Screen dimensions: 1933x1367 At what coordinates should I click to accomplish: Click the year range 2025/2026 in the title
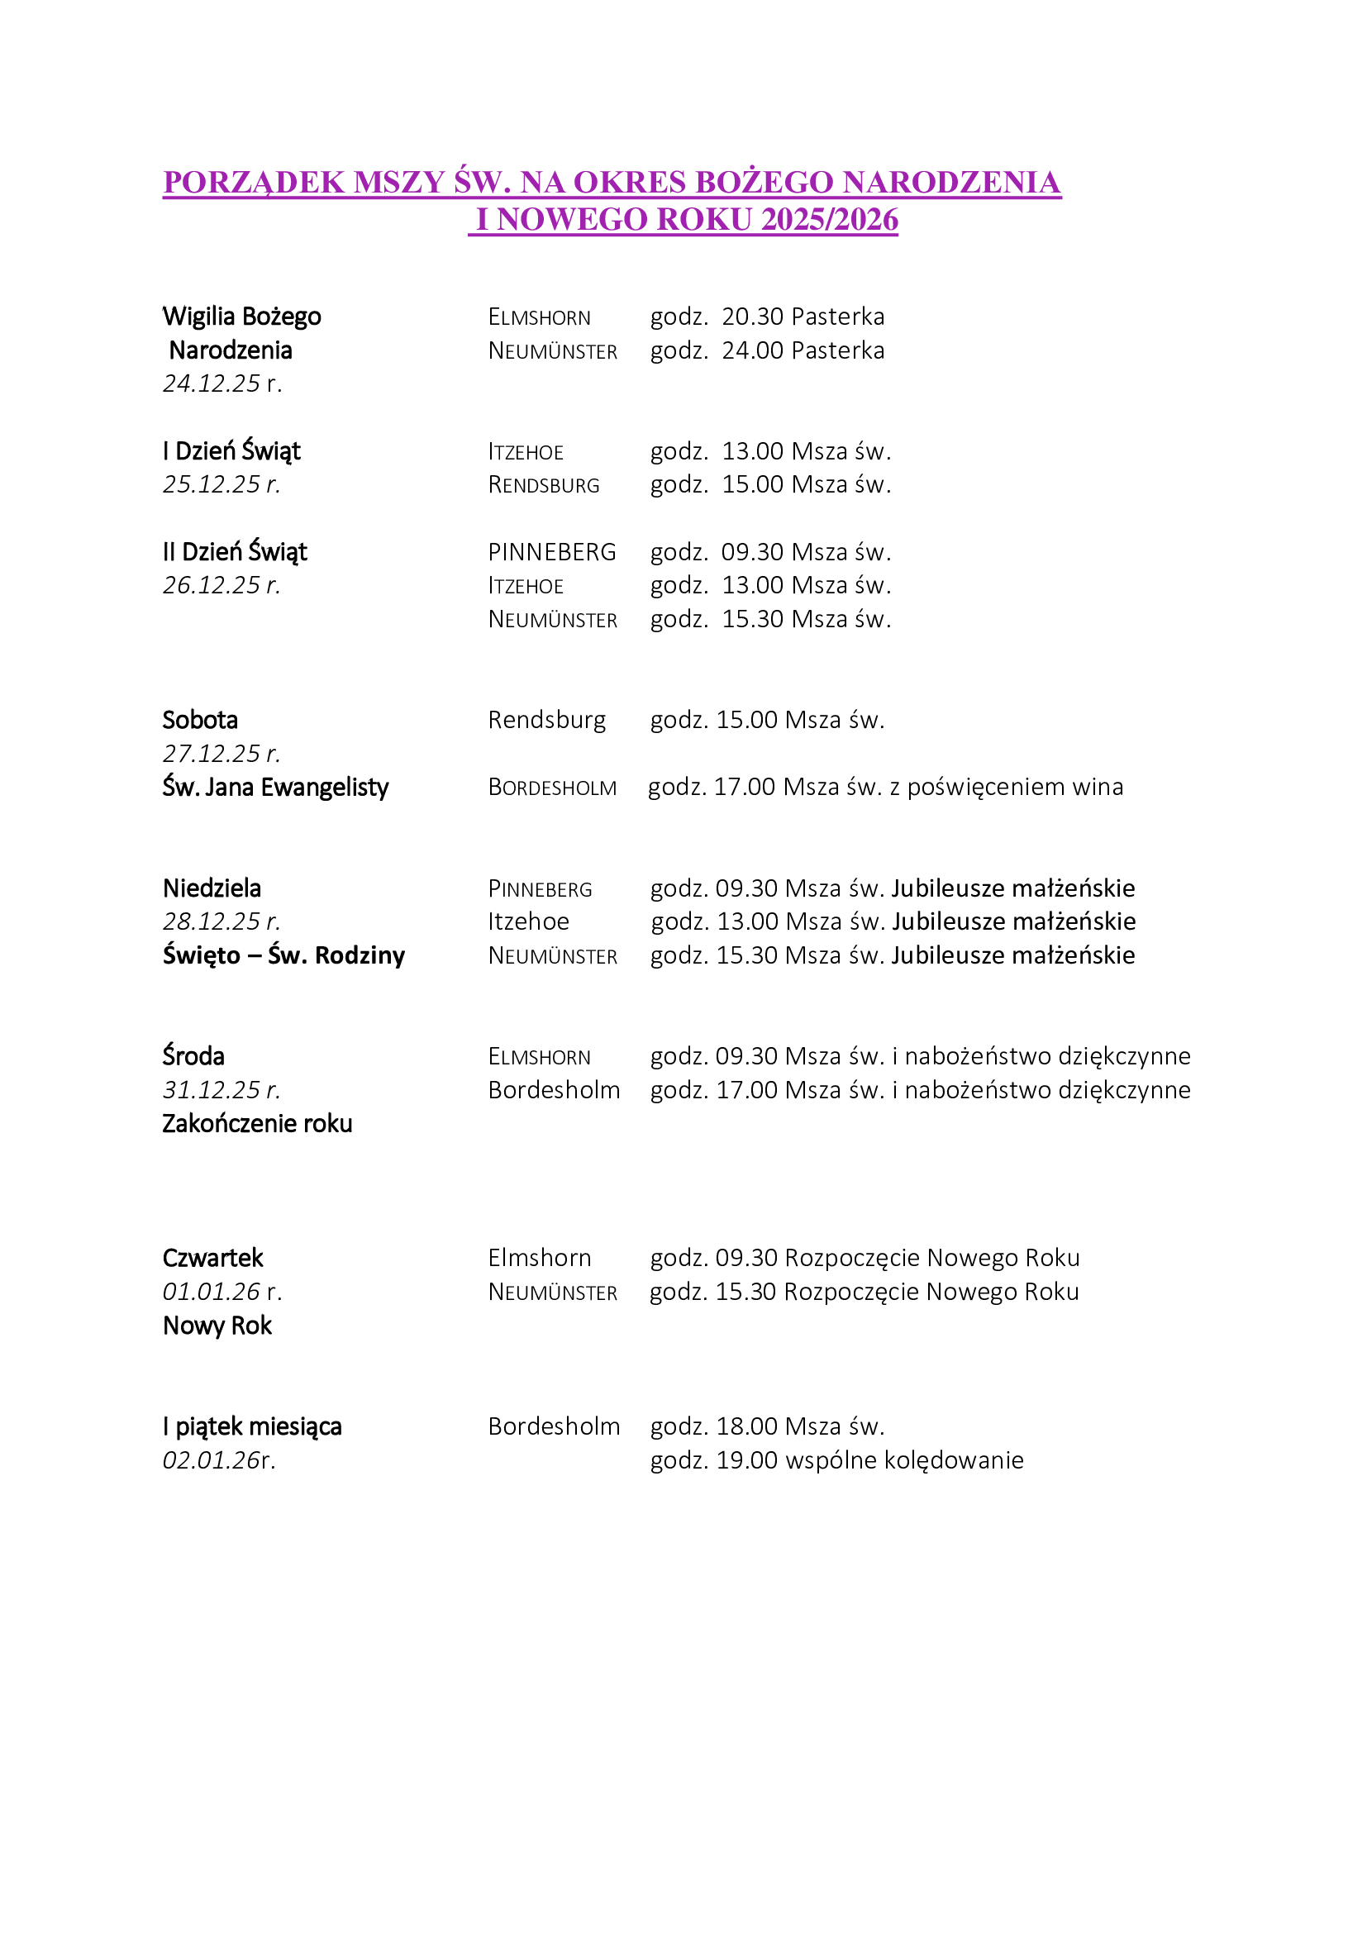click(829, 220)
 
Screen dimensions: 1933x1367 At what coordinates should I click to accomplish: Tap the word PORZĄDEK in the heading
click(254, 183)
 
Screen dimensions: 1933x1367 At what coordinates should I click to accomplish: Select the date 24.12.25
click(212, 384)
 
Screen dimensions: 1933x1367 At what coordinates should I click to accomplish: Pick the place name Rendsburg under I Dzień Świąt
click(544, 485)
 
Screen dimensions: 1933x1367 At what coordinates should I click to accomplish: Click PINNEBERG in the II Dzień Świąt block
click(551, 552)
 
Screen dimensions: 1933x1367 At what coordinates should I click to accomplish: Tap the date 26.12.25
click(212, 585)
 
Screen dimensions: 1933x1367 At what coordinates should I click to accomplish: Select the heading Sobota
click(200, 720)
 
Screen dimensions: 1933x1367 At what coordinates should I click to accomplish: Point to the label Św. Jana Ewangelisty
click(275, 788)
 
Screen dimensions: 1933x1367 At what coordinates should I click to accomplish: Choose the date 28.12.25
click(212, 922)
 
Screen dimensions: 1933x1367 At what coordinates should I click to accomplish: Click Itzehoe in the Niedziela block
click(529, 922)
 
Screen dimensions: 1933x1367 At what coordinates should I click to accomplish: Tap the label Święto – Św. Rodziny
click(283, 955)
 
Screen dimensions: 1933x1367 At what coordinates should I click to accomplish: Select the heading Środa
click(193, 1057)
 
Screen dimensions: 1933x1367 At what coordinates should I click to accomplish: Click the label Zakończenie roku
click(257, 1124)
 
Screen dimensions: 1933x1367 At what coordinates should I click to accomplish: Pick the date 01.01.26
click(212, 1292)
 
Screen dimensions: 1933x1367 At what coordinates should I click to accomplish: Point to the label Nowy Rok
click(217, 1326)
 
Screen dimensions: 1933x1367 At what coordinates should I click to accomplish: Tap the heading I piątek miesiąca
click(253, 1427)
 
